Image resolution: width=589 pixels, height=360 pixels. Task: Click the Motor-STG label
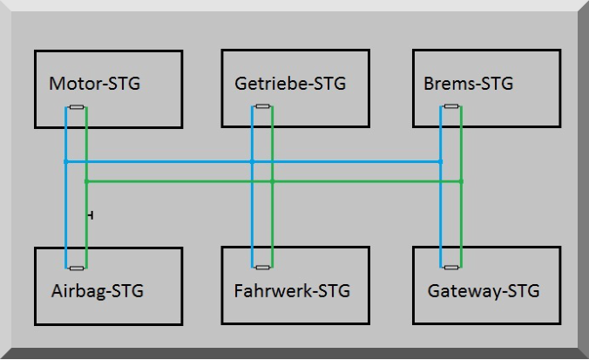(x=94, y=85)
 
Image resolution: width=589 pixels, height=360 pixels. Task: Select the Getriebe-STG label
(x=290, y=85)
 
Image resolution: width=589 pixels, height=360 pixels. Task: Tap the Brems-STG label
(x=468, y=85)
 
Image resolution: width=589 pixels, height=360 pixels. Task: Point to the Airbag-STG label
(x=97, y=291)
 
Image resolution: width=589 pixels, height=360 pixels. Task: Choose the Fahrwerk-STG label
(x=292, y=291)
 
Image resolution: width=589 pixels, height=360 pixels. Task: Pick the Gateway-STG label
(x=484, y=291)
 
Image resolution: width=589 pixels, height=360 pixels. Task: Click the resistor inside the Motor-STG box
(x=76, y=108)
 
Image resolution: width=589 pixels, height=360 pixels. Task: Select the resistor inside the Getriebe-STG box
(x=262, y=108)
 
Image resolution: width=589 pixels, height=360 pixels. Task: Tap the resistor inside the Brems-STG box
(x=451, y=108)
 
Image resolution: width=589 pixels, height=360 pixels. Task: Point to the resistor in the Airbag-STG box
(x=76, y=268)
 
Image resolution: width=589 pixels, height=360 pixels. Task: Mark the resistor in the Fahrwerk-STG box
(x=262, y=268)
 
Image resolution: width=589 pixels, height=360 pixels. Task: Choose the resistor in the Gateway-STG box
(x=451, y=268)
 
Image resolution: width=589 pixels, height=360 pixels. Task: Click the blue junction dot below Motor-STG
(x=65, y=161)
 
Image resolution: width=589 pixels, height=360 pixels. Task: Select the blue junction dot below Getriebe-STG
(x=252, y=161)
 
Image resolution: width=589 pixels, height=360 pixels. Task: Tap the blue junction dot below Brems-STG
(x=441, y=161)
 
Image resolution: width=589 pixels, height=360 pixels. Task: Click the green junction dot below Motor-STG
(x=86, y=181)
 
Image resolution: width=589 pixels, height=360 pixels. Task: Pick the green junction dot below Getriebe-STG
(x=273, y=181)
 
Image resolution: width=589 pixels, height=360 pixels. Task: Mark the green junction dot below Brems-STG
(x=462, y=181)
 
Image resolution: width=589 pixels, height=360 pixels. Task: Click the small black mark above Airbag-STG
(x=91, y=214)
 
